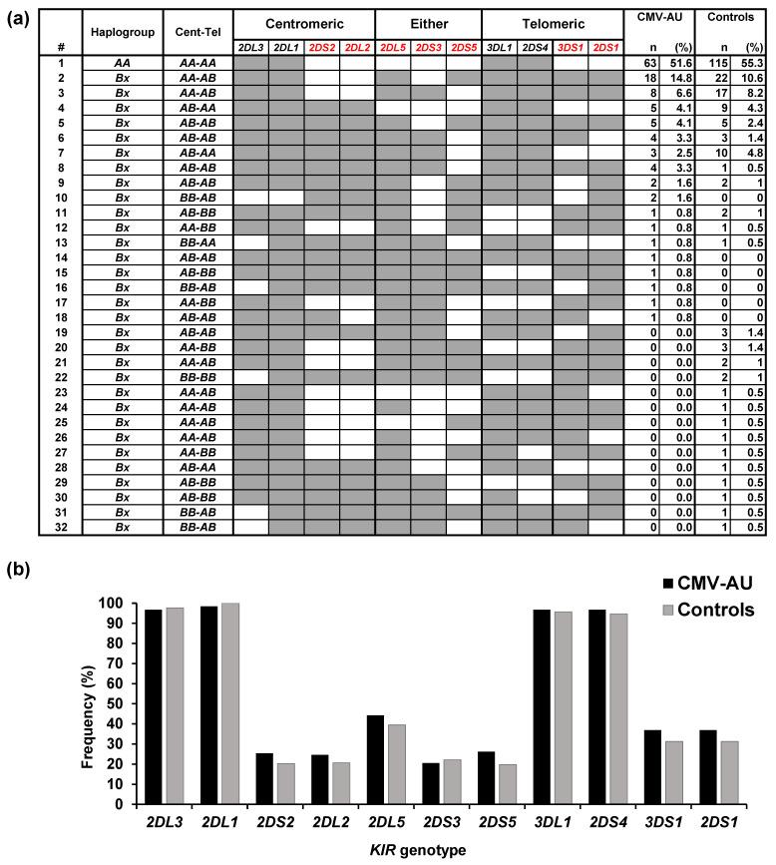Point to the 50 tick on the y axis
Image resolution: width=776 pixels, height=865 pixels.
[x=121, y=703]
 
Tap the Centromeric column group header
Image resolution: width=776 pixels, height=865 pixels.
[x=304, y=21]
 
